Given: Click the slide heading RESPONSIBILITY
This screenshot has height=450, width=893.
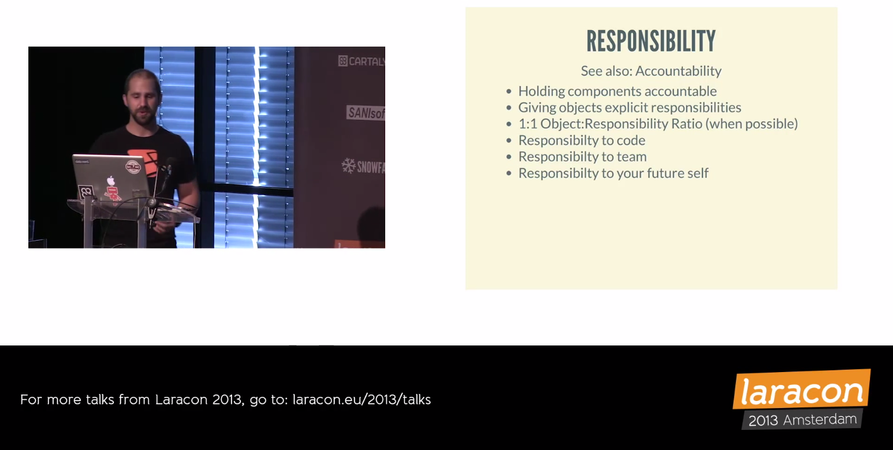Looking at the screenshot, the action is coord(651,41).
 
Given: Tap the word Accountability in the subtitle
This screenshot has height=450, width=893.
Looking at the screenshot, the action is coord(678,71).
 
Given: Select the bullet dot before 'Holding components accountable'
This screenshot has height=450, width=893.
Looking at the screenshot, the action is coord(509,92).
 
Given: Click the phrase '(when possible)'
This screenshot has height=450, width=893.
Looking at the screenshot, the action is coord(752,124).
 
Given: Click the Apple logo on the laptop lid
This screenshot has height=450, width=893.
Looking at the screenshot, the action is coord(110,181).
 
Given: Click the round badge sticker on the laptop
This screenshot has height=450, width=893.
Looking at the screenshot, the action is coord(133,167).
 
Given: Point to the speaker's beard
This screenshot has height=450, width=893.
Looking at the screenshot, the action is coord(142,116).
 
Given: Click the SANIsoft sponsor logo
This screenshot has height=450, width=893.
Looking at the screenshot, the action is coord(366,113).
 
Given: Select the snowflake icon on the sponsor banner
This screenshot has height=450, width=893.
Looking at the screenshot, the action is coord(348,166).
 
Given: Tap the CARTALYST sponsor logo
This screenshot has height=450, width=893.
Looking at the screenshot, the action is coord(361,61).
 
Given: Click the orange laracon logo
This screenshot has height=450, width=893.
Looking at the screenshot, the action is coord(801,389).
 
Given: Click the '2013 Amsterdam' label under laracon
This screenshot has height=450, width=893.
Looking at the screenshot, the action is coord(802,420).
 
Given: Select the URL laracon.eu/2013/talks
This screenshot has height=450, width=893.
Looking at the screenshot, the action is coord(361,399).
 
